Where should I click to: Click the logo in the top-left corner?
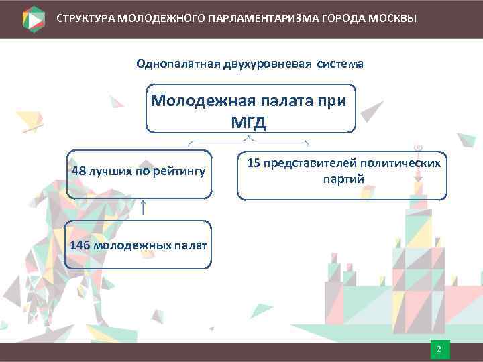tap(34, 18)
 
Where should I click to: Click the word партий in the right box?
tap(342, 179)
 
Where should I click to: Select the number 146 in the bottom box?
tap(80, 245)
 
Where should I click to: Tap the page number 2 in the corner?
tap(439, 350)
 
